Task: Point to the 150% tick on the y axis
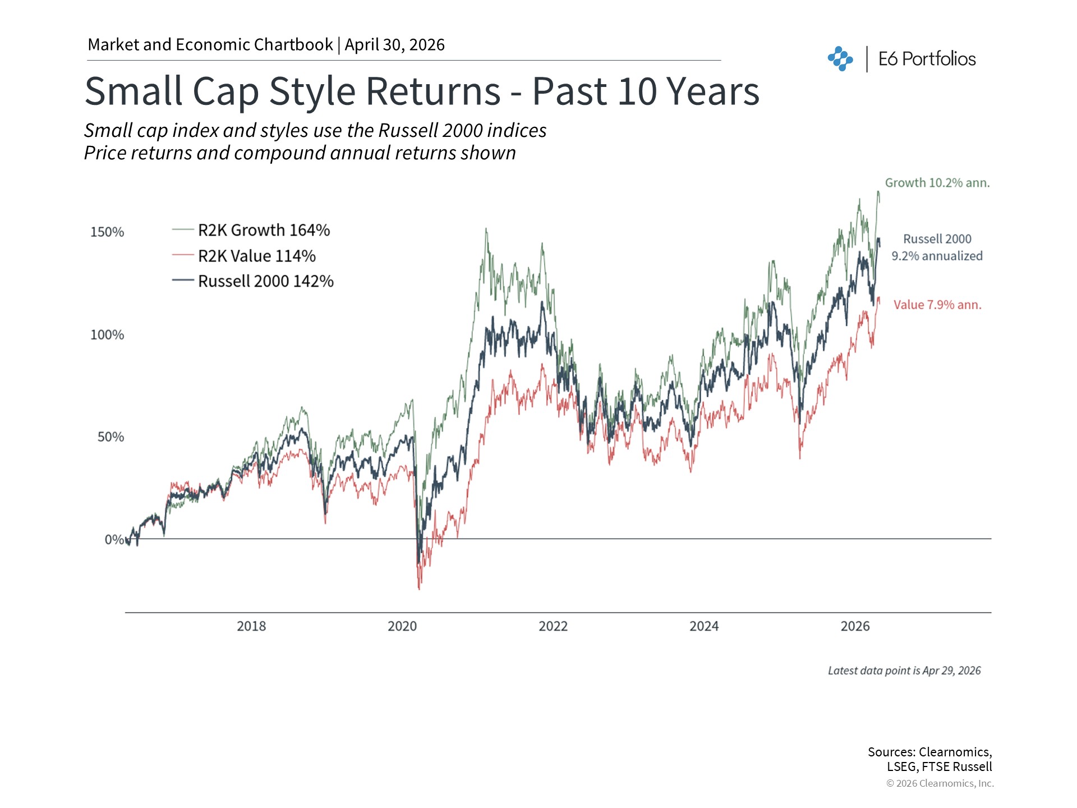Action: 107,232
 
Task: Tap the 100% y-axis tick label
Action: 107,335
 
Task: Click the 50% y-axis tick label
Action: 111,437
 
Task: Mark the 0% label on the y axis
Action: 114,540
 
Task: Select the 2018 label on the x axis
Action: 251,626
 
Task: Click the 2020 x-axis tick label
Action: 402,626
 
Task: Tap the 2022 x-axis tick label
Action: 553,626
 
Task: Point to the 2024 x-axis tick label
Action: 704,626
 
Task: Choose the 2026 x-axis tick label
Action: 855,626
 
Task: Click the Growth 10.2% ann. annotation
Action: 937,183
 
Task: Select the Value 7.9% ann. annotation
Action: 937,305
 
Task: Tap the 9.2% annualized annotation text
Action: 937,256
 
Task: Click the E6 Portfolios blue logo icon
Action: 840,59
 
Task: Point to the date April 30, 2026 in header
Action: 394,45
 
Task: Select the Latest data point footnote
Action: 904,671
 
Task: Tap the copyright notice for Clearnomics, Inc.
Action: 940,783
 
